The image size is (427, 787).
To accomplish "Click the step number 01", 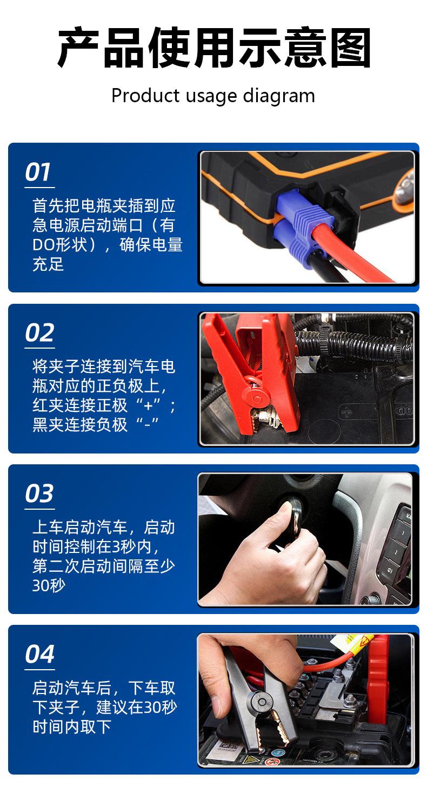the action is click(38, 172).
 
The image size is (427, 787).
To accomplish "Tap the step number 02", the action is click(39, 332).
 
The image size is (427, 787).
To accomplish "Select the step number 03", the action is click(39, 493).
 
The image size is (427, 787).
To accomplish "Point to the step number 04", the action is click(39, 653).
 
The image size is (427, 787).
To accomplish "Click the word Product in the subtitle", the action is click(145, 95).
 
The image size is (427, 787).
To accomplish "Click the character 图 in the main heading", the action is click(350, 48).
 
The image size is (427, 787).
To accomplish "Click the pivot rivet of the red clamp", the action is click(257, 399).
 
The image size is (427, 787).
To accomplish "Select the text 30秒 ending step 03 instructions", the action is click(49, 585).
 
